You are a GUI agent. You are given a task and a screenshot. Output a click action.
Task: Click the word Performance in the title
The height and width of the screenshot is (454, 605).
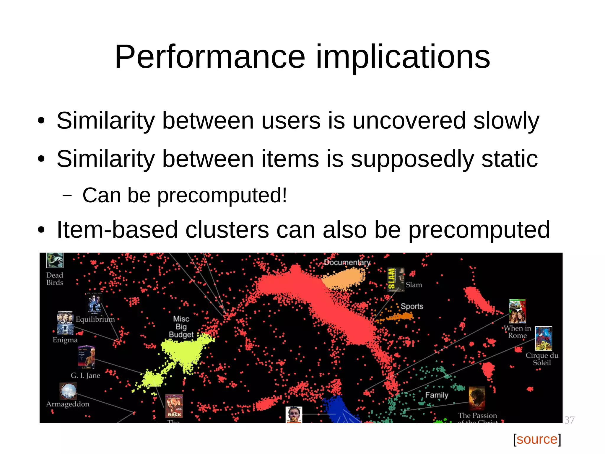coord(210,57)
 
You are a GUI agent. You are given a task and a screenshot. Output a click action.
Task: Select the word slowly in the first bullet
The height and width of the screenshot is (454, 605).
coord(506,121)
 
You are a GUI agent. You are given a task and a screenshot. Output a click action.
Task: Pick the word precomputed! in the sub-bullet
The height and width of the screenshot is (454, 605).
coord(222,196)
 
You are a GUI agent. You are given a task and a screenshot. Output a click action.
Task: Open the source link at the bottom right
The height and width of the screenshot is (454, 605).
coord(537,439)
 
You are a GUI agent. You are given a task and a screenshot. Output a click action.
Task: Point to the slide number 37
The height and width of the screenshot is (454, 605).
coord(569,420)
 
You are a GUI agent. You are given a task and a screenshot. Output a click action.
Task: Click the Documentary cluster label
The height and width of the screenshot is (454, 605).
coord(347,262)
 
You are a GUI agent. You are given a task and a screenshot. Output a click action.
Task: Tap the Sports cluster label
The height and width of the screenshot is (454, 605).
coord(412,306)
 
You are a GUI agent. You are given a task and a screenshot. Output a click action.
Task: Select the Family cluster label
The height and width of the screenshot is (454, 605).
coord(437,395)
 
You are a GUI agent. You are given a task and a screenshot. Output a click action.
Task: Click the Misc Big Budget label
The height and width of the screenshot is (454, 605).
coord(181,327)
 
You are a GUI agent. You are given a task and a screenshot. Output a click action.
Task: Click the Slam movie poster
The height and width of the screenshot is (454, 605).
coord(396,279)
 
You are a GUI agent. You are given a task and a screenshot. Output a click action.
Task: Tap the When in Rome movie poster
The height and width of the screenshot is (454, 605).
coord(517,311)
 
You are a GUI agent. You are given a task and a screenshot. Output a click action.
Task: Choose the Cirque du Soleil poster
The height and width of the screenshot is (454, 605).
coord(544,339)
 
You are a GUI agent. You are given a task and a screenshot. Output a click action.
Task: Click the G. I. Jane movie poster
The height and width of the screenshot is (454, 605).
coord(87,357)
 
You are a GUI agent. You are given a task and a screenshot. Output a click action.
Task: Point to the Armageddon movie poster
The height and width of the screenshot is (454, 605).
coord(68,391)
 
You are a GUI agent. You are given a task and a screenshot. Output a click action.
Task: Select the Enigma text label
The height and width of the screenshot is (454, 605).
coord(65,340)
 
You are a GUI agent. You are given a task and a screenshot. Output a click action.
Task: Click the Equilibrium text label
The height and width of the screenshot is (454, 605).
coord(95,319)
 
